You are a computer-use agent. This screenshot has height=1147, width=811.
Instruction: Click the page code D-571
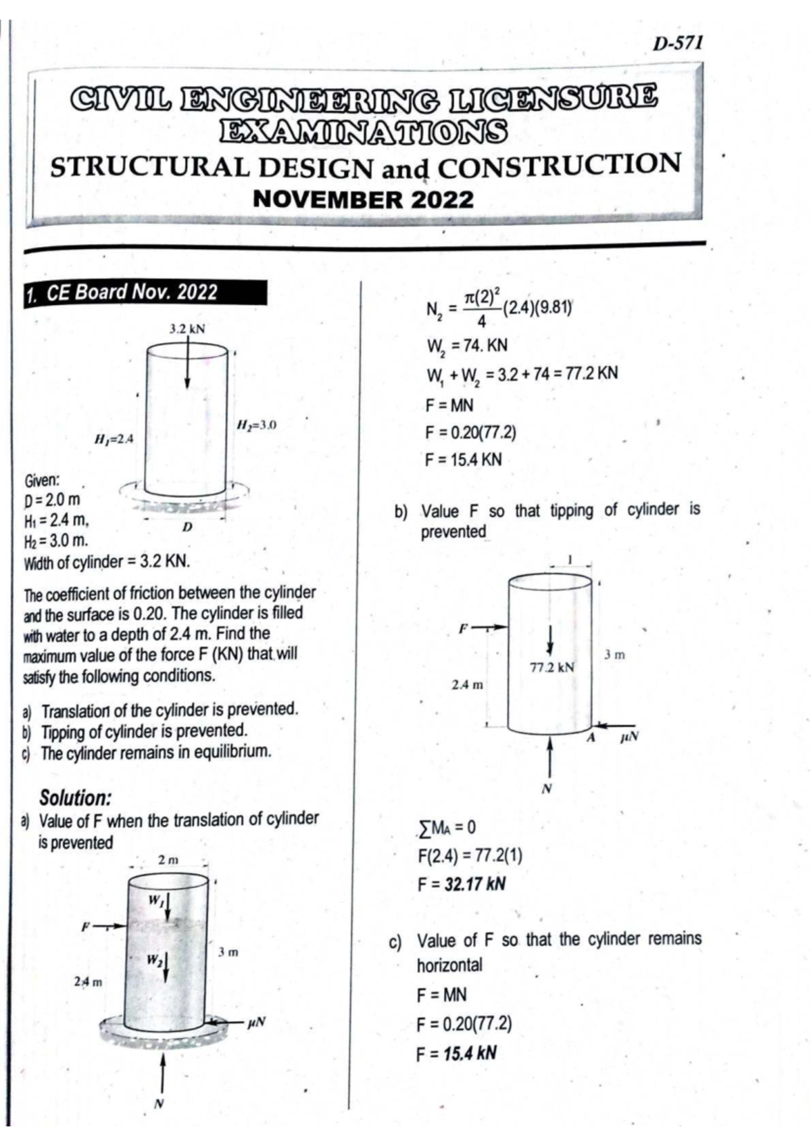(x=678, y=43)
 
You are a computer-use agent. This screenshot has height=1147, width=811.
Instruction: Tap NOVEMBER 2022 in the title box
(x=363, y=200)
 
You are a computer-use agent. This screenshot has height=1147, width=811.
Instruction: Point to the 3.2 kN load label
(x=187, y=329)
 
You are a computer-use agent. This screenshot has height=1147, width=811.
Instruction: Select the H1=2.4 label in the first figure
(x=114, y=439)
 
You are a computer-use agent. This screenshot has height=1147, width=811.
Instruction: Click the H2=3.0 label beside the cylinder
(x=255, y=425)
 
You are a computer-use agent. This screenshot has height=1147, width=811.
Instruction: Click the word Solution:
(x=75, y=797)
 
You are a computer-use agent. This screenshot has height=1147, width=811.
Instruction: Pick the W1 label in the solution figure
(x=155, y=901)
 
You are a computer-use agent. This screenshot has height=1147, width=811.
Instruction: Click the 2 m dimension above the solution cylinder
(x=168, y=860)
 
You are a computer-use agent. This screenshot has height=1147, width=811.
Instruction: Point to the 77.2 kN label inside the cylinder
(x=552, y=668)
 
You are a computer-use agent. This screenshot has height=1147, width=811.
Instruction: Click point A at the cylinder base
(x=590, y=738)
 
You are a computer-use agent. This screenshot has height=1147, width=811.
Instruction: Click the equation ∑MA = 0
(x=447, y=827)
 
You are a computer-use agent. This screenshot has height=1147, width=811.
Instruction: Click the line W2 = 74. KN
(x=466, y=346)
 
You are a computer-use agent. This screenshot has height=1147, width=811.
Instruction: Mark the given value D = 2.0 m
(x=52, y=500)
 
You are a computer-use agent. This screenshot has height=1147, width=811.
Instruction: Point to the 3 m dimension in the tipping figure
(x=614, y=654)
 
